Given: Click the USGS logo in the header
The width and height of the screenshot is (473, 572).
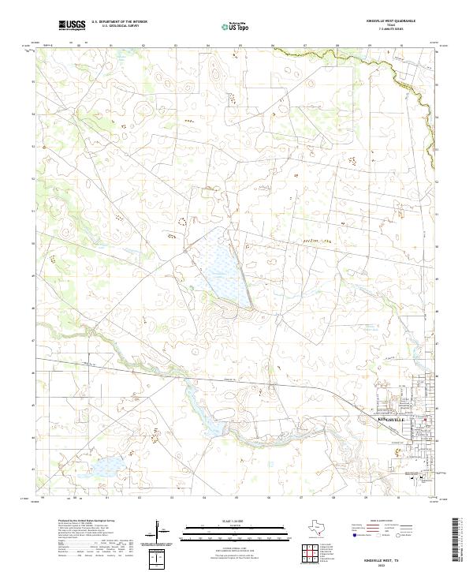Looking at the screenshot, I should click(72, 25).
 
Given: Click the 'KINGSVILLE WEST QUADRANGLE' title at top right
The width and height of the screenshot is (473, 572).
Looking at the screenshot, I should click(400, 21).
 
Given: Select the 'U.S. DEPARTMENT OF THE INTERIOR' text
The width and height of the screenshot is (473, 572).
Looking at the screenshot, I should click(119, 22).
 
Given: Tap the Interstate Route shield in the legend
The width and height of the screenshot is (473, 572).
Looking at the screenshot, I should click(354, 535).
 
